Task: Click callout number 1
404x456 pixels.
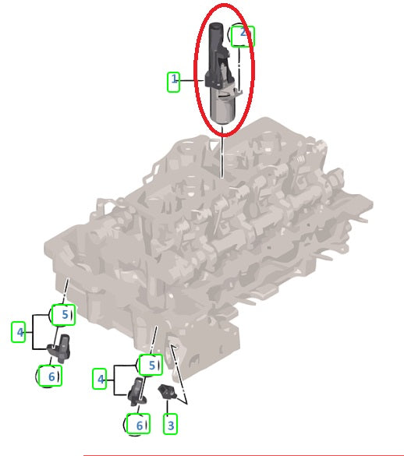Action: point(173,82)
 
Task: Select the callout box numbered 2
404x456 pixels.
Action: point(243,36)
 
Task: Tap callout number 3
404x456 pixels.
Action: point(170,424)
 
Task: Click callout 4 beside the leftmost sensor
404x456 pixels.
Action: point(18,331)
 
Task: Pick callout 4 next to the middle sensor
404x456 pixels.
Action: point(100,378)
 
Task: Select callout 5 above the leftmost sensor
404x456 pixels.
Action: point(63,314)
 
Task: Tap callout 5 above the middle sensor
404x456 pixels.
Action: point(151,365)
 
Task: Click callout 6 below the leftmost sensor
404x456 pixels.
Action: point(50,376)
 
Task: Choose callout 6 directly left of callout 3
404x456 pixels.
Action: point(139,424)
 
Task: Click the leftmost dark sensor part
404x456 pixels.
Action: point(60,348)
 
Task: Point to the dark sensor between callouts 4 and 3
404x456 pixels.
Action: point(137,391)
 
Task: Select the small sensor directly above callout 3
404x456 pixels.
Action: point(166,391)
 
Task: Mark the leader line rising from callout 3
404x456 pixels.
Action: point(168,407)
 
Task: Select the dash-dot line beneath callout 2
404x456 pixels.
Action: point(239,69)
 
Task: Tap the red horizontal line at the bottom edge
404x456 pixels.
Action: point(243,455)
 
